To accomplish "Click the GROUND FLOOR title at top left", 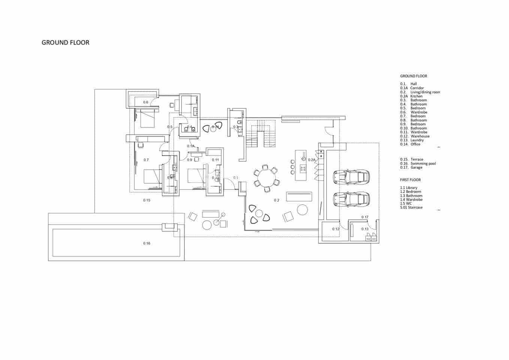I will (66, 43).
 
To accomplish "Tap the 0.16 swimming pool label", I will (147, 243).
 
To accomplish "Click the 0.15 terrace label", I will (147, 200).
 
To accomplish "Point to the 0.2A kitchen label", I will (312, 160).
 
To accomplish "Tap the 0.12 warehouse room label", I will (335, 229).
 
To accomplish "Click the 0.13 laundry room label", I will (365, 229).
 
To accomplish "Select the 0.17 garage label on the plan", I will (365, 217).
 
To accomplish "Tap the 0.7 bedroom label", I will (146, 160).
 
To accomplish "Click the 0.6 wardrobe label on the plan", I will (146, 102).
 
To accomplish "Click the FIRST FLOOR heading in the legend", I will (410, 180).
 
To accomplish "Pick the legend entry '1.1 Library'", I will (409, 187).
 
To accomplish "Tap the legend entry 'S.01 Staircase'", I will (411, 207).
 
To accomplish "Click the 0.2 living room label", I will (277, 200).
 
